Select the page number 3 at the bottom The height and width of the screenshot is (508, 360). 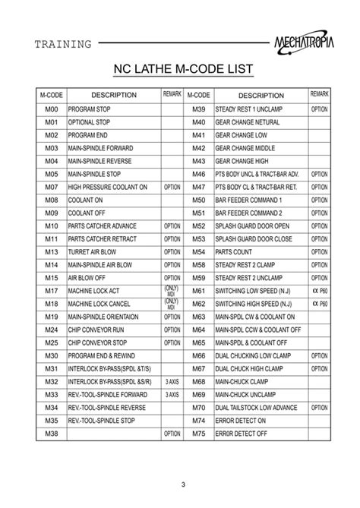pyautogui.click(x=182, y=486)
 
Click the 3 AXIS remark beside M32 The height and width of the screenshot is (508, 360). pyautogui.click(x=172, y=381)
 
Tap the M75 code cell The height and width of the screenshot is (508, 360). pyautogui.click(x=199, y=433)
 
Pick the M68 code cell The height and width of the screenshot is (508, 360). pyautogui.click(x=199, y=381)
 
